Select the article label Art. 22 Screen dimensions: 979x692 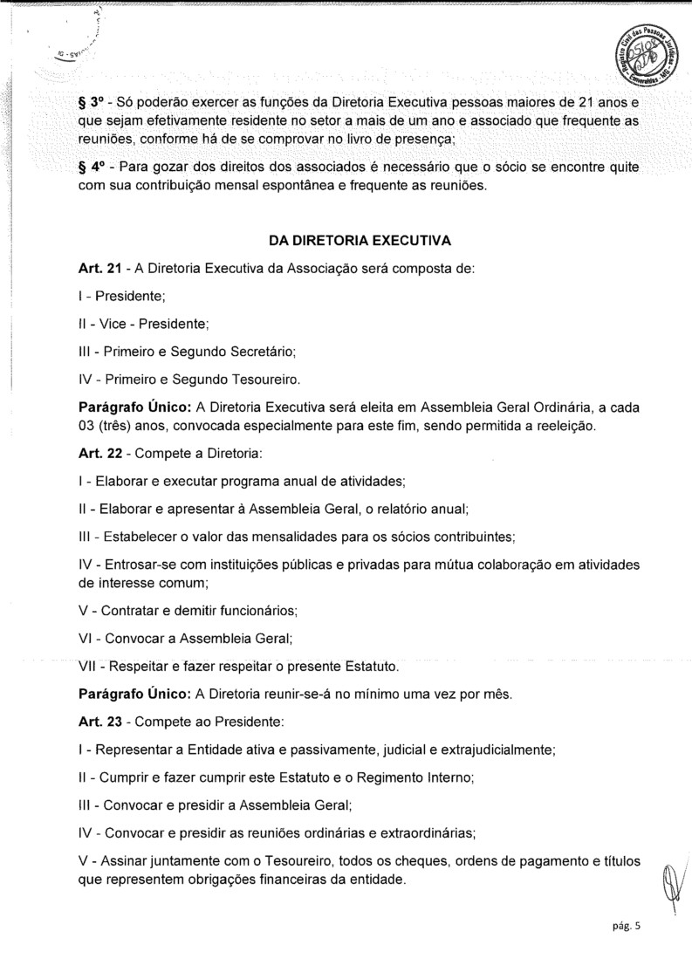tap(99, 455)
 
